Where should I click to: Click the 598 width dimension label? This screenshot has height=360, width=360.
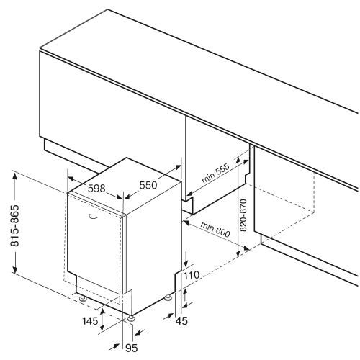tap(96, 189)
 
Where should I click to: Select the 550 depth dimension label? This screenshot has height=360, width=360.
tap(148, 185)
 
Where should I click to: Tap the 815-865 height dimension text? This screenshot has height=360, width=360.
tap(14, 225)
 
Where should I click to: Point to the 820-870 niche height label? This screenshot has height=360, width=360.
tap(243, 215)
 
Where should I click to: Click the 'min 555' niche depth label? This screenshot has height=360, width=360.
tap(215, 173)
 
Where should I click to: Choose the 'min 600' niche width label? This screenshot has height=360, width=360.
tap(215, 230)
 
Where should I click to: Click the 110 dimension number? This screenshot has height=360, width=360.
tap(192, 275)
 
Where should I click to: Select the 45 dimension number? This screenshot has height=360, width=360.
tap(181, 320)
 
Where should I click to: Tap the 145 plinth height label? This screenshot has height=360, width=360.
tap(90, 320)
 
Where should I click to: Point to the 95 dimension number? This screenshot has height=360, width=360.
tap(132, 348)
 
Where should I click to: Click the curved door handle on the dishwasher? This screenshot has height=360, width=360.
tap(93, 217)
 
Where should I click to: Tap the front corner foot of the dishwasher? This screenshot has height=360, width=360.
tap(131, 318)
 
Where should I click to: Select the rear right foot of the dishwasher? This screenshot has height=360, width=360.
tap(168, 297)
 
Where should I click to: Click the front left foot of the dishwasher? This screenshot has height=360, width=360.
tap(83, 298)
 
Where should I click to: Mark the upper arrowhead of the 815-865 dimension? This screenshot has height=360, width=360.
tap(15, 176)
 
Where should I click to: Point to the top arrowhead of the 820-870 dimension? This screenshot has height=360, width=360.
tap(238, 161)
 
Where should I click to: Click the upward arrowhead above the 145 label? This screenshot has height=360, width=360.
tap(102, 312)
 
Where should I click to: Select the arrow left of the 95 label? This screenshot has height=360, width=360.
tap(114, 347)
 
